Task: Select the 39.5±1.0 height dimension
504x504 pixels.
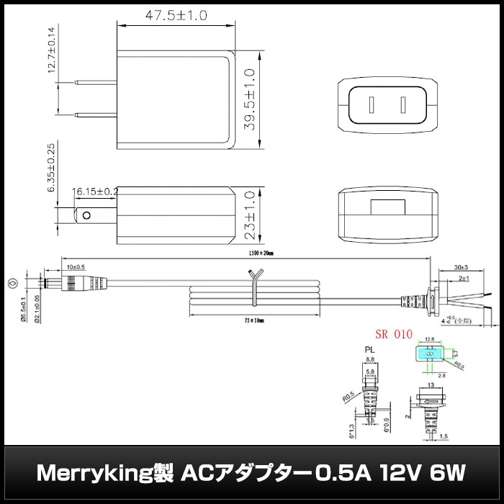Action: click(x=250, y=99)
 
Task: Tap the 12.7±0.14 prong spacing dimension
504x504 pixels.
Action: click(x=51, y=50)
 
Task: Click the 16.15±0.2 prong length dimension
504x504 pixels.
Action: click(x=96, y=192)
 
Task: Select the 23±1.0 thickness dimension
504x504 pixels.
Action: click(x=250, y=215)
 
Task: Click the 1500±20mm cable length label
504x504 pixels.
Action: click(x=257, y=253)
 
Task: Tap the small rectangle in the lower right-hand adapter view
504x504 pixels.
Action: click(x=388, y=205)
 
